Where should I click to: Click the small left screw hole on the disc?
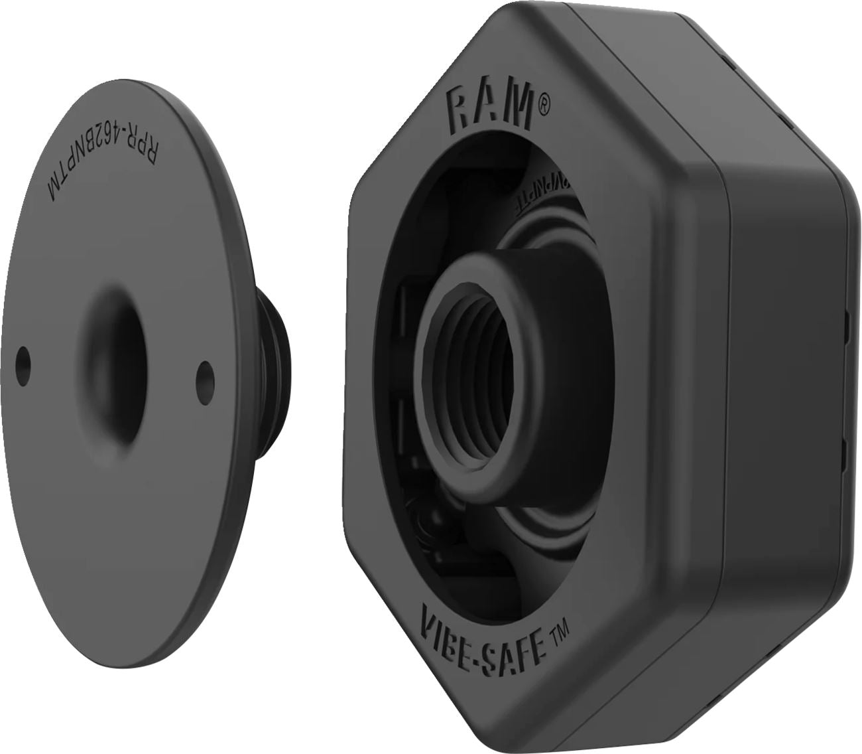tap(25, 358)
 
